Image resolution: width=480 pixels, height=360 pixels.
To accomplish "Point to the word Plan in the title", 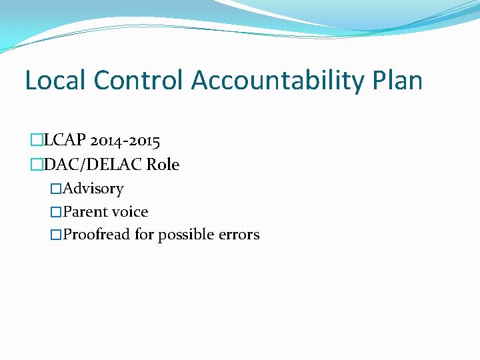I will click(398, 81).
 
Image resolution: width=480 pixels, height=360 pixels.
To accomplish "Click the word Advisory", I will click(93, 189).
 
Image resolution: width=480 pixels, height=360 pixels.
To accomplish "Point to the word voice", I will click(130, 212).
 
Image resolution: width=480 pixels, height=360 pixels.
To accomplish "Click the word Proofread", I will click(97, 235).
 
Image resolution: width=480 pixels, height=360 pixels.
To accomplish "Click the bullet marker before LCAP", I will click(37, 141).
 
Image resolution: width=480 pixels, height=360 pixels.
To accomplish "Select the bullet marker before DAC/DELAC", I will click(37, 164).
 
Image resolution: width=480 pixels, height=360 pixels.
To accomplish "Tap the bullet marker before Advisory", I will click(57, 189).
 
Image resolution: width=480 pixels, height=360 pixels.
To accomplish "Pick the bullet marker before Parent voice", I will click(57, 212).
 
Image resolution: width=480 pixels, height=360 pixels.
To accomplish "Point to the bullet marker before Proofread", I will click(57, 235).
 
